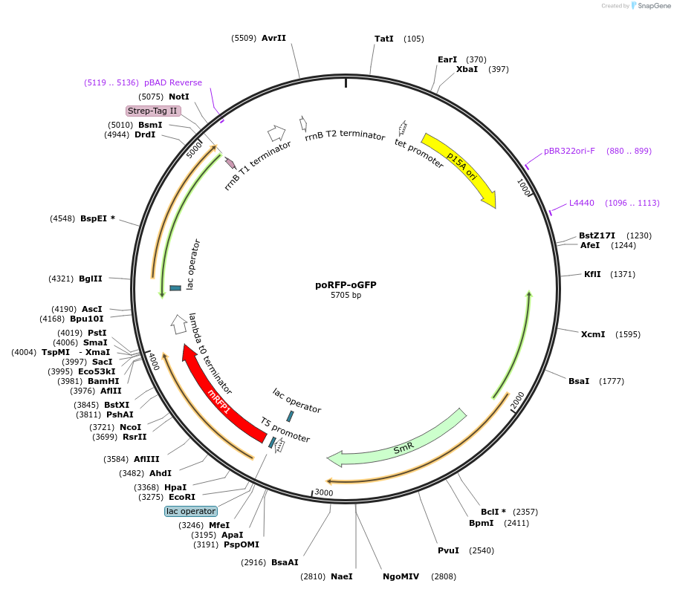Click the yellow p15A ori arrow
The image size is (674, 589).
point(461,170)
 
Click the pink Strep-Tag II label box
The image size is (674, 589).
point(153,111)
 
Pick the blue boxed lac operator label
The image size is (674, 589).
point(191,511)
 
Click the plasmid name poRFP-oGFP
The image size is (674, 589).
point(346,284)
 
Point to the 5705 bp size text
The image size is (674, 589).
point(346,296)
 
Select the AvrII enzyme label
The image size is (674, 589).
point(273,38)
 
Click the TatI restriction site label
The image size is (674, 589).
point(383,39)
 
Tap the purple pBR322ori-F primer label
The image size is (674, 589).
point(569,151)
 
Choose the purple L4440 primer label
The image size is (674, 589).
point(582,203)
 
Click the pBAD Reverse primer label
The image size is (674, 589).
point(173,82)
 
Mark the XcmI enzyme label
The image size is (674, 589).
point(593,334)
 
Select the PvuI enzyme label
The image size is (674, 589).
point(448,550)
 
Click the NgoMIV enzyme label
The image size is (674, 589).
point(401,576)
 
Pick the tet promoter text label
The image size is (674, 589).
point(418,154)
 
